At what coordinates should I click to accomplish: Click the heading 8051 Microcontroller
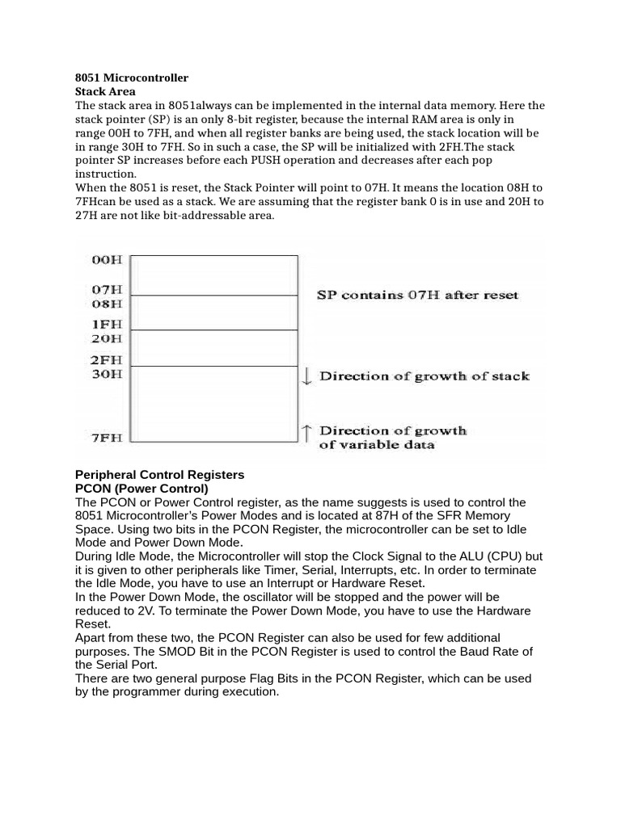(x=132, y=78)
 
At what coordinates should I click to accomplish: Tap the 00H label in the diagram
(x=108, y=259)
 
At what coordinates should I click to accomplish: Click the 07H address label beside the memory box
(x=108, y=289)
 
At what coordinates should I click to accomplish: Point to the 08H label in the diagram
(x=108, y=304)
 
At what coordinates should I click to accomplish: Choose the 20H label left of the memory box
(x=108, y=338)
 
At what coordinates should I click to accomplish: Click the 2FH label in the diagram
(x=108, y=359)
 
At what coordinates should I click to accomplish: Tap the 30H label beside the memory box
(x=108, y=374)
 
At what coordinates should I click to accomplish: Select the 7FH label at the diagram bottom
(x=108, y=437)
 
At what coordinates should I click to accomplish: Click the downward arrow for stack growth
(x=307, y=376)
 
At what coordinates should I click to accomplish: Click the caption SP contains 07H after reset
(x=417, y=296)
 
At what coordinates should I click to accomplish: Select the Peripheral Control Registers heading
(x=159, y=474)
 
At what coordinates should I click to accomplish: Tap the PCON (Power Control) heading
(x=142, y=489)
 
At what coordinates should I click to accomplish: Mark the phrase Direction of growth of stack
(x=425, y=376)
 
